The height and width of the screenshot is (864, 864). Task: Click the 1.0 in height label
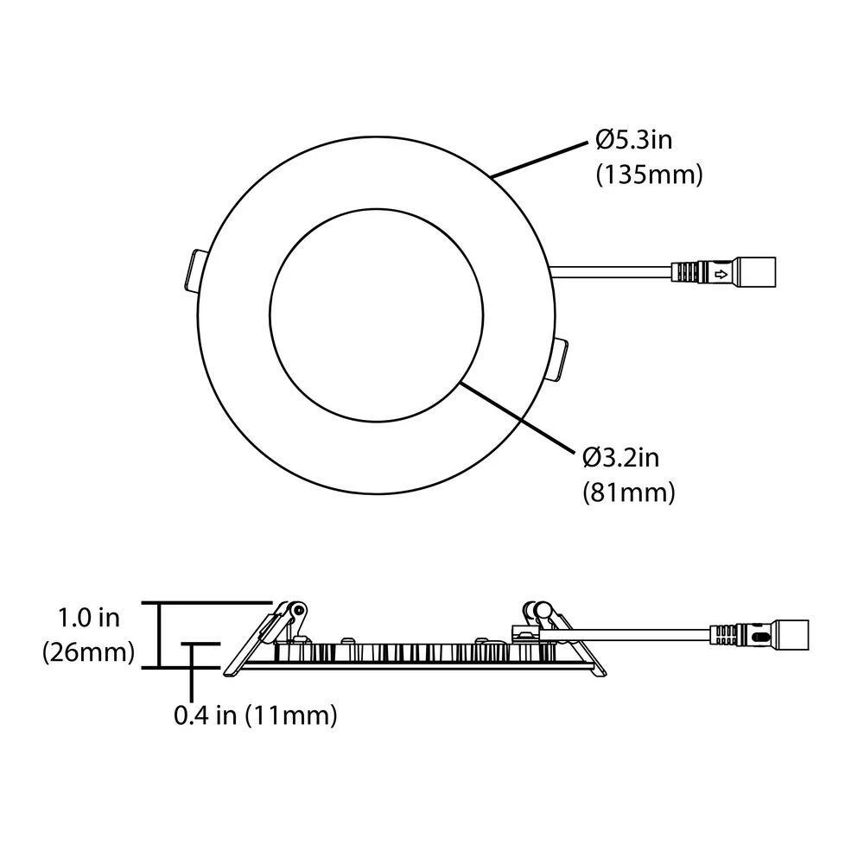tap(88, 618)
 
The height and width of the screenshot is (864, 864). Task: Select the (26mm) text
tap(88, 652)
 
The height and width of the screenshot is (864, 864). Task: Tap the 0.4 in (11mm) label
tap(255, 715)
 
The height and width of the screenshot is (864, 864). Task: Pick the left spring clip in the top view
tap(194, 270)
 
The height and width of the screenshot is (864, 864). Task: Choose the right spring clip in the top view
tap(559, 358)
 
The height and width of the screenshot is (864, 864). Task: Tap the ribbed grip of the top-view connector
tap(689, 274)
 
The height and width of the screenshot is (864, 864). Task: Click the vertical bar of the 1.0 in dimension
tap(159, 635)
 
